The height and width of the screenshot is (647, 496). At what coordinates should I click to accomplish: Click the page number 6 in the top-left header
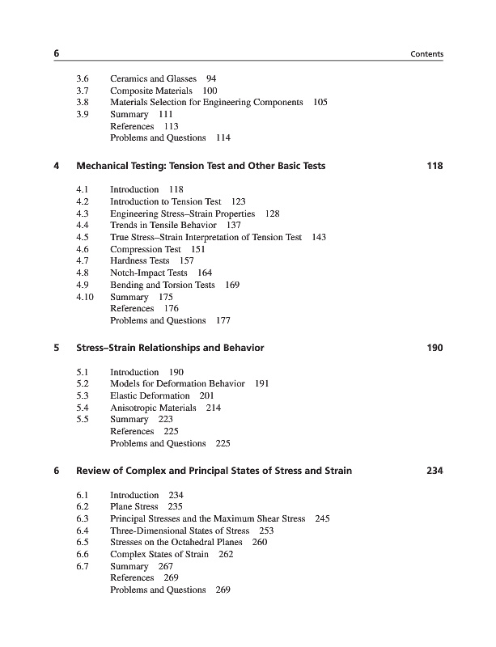pyautogui.click(x=57, y=53)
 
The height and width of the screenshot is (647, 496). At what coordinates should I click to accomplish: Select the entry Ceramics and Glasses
pyautogui.click(x=153, y=78)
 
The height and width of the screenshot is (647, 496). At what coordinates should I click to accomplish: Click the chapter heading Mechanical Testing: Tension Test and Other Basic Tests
pyautogui.click(x=201, y=166)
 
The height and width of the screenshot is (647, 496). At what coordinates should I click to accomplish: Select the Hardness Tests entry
pyautogui.click(x=140, y=261)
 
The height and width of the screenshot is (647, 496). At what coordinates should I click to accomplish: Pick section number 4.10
pyautogui.click(x=83, y=297)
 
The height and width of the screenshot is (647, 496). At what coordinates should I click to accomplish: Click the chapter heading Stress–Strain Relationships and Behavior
pyautogui.click(x=170, y=348)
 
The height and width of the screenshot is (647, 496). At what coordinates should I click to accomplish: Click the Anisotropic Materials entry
pyautogui.click(x=154, y=408)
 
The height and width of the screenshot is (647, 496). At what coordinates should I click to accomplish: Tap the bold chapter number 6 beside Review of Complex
pyautogui.click(x=56, y=471)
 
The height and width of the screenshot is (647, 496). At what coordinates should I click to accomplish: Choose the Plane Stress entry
pyautogui.click(x=134, y=506)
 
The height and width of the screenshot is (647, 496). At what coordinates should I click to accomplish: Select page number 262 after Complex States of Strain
pyautogui.click(x=226, y=554)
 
